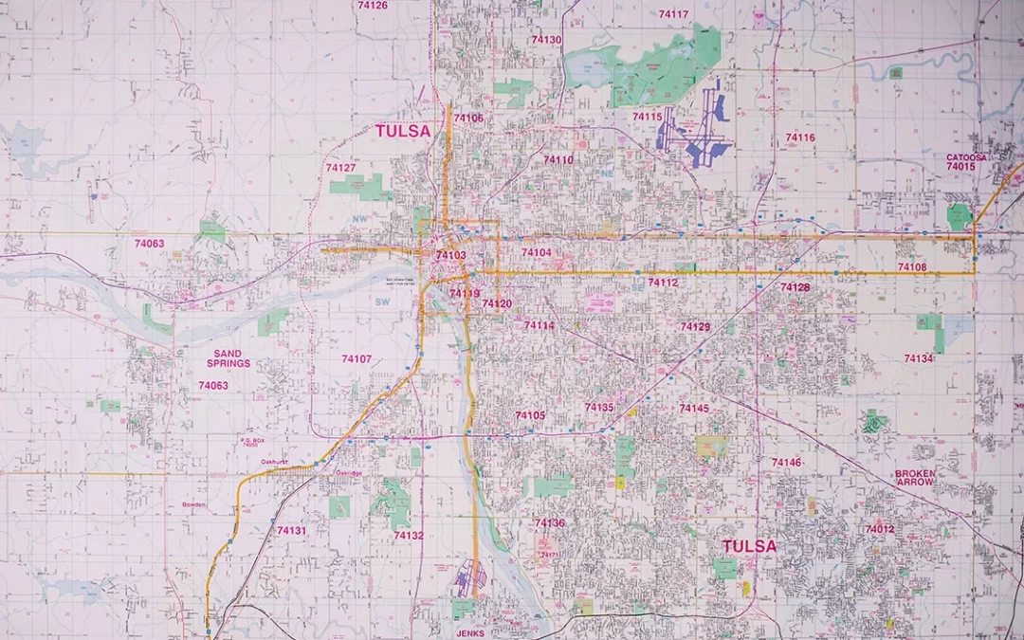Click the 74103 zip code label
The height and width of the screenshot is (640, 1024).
coord(450,255)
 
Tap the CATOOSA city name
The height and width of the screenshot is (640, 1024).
coord(966,157)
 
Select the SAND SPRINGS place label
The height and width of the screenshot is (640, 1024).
coord(228,358)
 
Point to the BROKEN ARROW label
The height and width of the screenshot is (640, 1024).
coord(915,478)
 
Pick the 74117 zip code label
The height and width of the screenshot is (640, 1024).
coord(673,14)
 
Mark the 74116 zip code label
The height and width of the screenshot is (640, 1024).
coord(799,137)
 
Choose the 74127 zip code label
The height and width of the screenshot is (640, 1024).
coord(340,168)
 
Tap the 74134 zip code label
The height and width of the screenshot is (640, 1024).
coord(918,358)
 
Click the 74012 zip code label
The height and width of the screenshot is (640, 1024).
coord(879,529)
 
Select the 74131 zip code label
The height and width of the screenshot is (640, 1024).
coord(291,531)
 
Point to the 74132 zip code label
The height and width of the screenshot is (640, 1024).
coord(409,536)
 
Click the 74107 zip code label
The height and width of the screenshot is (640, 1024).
coord(357,358)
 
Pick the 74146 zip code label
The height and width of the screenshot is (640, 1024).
coord(786,463)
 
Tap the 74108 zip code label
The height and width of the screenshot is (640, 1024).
coord(911,267)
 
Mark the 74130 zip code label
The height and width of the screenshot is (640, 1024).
coord(546,40)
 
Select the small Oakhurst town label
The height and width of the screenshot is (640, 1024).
coord(275,462)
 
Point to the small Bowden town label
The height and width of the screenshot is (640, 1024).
coord(193,504)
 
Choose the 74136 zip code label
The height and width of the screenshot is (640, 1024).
coord(549,522)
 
